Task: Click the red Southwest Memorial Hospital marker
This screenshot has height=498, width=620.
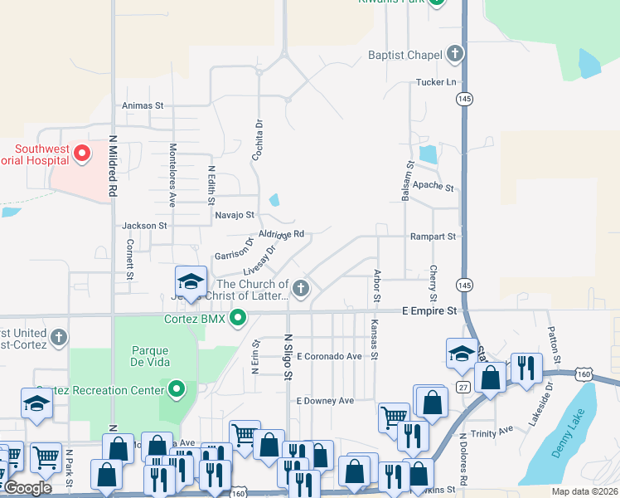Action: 81,153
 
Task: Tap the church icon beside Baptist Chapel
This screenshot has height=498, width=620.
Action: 453,55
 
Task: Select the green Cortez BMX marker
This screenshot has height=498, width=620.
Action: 239,317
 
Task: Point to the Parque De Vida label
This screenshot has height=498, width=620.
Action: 149,356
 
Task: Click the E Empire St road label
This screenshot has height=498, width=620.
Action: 429,310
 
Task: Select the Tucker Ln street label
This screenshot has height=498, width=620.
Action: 436,82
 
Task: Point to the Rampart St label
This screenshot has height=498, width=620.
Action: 433,237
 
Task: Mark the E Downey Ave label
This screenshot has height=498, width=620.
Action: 325,401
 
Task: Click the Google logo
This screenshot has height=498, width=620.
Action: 28,488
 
